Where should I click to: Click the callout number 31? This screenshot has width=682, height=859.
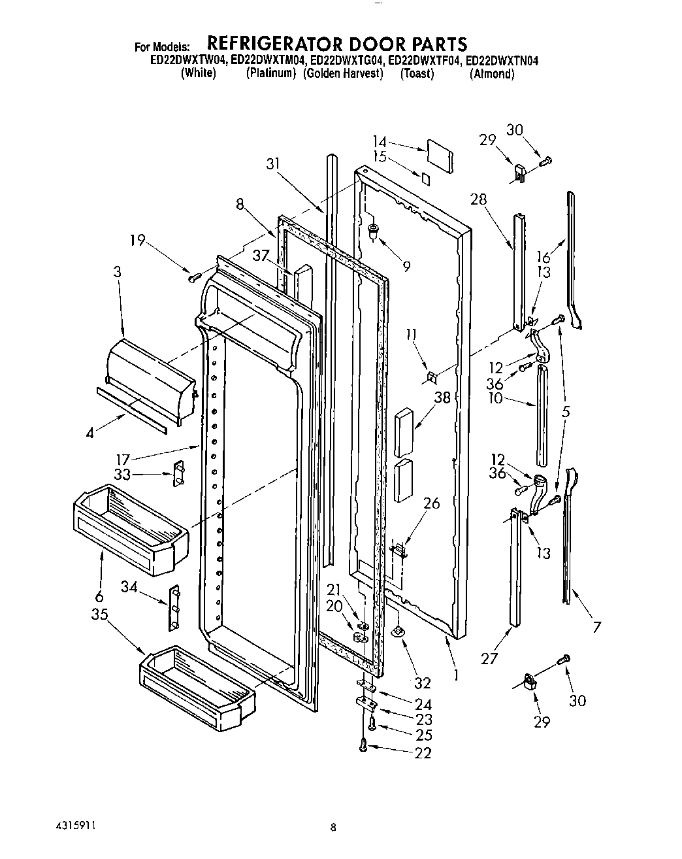[x=273, y=164]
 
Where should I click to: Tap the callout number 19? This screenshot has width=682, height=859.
[x=137, y=240]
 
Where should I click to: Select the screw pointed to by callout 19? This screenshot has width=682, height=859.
[x=193, y=278]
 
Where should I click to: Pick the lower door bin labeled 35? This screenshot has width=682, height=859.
[x=198, y=684]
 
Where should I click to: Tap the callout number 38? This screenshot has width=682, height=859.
[x=443, y=397]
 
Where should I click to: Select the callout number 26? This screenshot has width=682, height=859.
[x=431, y=503]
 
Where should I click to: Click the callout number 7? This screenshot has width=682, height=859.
[x=596, y=628]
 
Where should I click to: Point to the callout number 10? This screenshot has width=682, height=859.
[x=496, y=397]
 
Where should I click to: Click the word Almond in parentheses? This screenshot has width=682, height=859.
[x=492, y=74]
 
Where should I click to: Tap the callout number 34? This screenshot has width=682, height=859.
[x=129, y=588]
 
